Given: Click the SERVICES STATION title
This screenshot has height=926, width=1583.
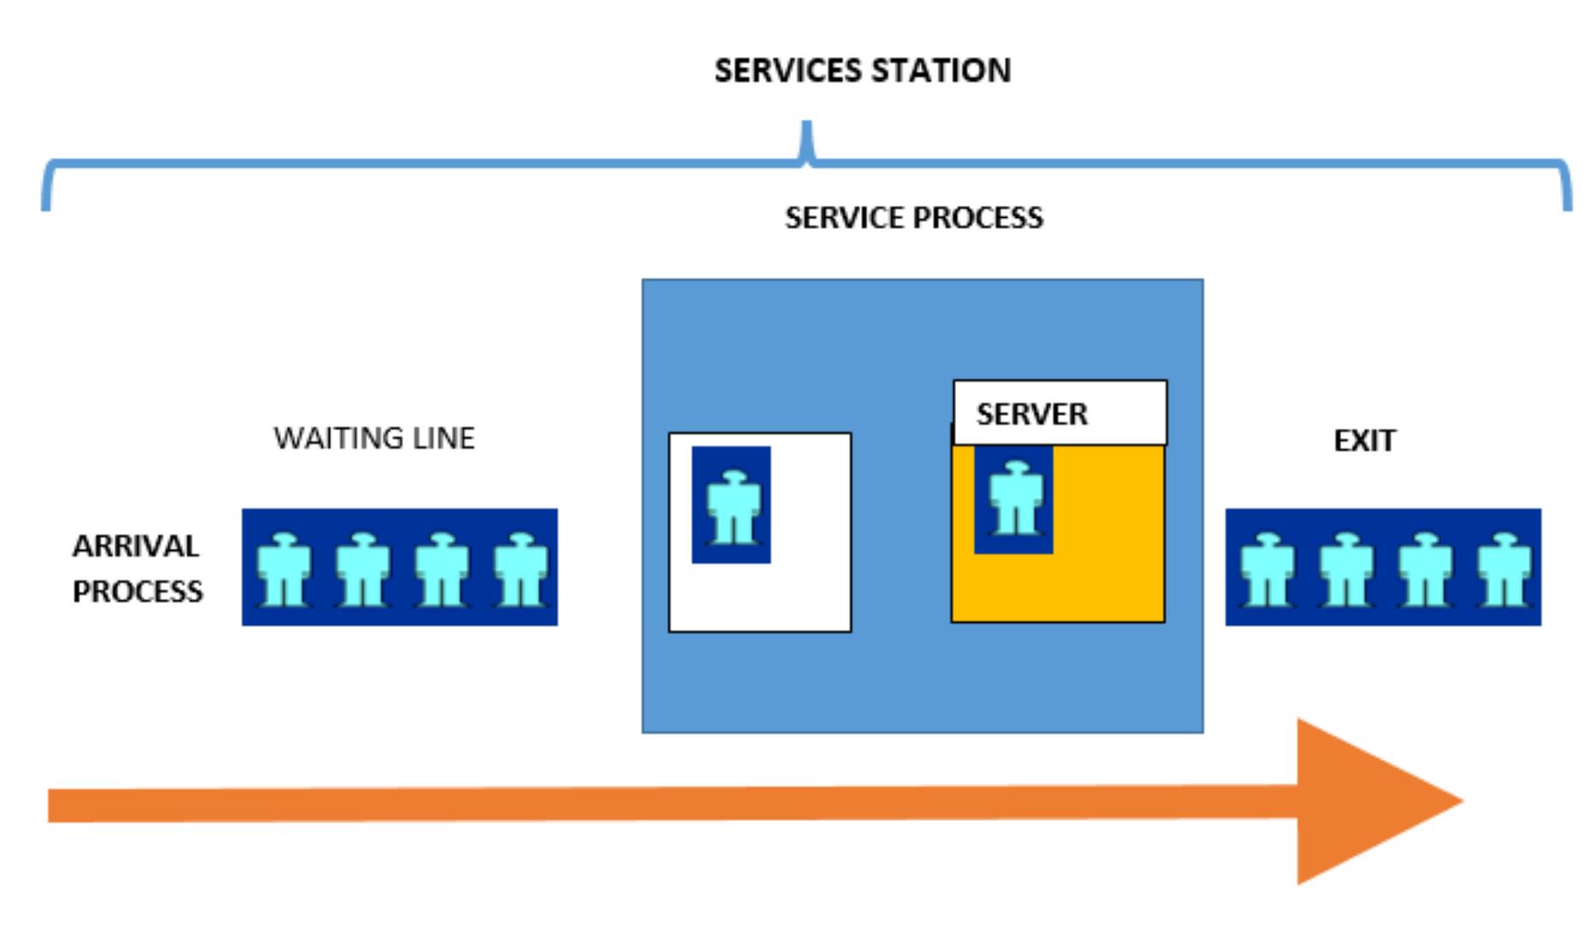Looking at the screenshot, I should pyautogui.click(x=862, y=70).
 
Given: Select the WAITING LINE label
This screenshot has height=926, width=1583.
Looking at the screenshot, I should pyautogui.click(x=374, y=438).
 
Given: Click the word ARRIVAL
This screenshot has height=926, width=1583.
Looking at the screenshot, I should pyautogui.click(x=136, y=546).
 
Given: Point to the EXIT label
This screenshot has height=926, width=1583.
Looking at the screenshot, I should pyautogui.click(x=1364, y=441).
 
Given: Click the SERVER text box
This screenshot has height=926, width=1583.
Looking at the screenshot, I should pyautogui.click(x=1059, y=413).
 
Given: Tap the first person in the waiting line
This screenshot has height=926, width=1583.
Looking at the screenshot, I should pyautogui.click(x=284, y=569).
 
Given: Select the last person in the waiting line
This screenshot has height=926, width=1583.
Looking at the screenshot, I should pyautogui.click(x=520, y=569).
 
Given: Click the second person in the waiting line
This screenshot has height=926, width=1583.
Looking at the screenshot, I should pyautogui.click(x=362, y=569).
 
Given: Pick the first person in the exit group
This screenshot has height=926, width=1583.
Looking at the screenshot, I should pyautogui.click(x=1267, y=569).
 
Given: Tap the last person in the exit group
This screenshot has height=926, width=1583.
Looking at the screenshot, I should pyautogui.click(x=1504, y=569).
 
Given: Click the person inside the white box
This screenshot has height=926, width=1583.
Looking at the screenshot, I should pyautogui.click(x=733, y=506).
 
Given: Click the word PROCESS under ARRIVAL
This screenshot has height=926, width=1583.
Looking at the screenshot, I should pyautogui.click(x=138, y=591).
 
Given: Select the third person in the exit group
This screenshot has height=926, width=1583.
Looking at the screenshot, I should pyautogui.click(x=1424, y=569).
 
